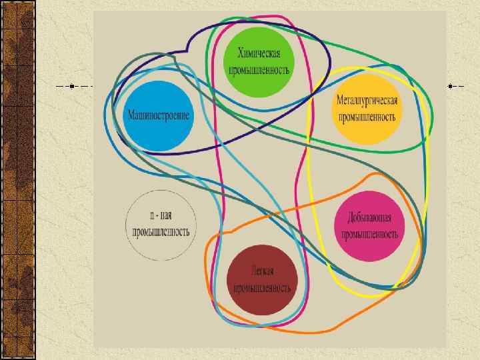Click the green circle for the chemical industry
click(x=259, y=61)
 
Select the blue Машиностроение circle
click(x=158, y=115)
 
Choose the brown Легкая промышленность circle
click(x=261, y=279)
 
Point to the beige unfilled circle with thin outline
click(x=160, y=225)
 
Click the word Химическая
click(x=260, y=54)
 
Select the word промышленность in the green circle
click(x=260, y=69)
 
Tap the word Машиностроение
click(x=158, y=115)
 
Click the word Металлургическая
click(x=367, y=101)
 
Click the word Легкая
click(x=262, y=271)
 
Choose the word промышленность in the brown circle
click(x=261, y=287)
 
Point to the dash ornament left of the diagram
click(x=74, y=87)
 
